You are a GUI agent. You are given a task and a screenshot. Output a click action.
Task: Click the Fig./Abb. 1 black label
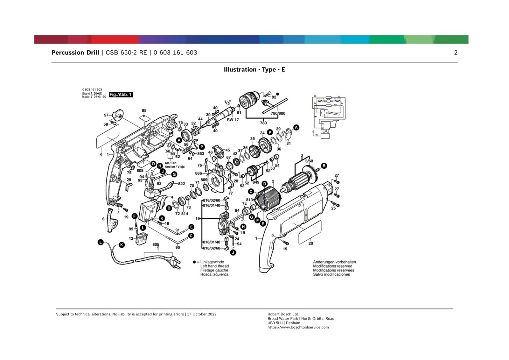point(121,95)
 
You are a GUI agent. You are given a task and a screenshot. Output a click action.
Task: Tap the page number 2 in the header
point(456,53)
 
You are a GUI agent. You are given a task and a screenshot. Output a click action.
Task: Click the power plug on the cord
point(175,263)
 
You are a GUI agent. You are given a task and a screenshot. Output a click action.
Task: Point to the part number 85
point(144,111)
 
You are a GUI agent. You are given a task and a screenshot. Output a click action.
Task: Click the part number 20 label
point(310,244)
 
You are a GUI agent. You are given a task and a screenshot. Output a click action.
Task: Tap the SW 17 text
point(233,120)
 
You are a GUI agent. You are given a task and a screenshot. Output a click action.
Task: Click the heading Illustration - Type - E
point(254,70)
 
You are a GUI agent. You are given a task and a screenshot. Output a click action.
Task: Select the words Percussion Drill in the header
point(75,53)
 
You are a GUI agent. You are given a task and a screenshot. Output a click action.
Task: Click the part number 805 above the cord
point(156,244)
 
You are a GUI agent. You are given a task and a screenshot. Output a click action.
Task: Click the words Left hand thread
point(214,266)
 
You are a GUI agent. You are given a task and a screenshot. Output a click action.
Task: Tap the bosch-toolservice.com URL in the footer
point(298,327)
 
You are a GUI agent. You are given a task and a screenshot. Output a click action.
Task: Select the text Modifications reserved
point(332,266)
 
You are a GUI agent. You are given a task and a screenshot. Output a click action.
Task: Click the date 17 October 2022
point(202,314)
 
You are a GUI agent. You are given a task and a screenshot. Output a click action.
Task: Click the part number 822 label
point(181,184)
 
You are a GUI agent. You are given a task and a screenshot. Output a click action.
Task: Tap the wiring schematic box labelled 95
point(325,136)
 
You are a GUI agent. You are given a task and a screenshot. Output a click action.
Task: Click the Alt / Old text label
point(171,163)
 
